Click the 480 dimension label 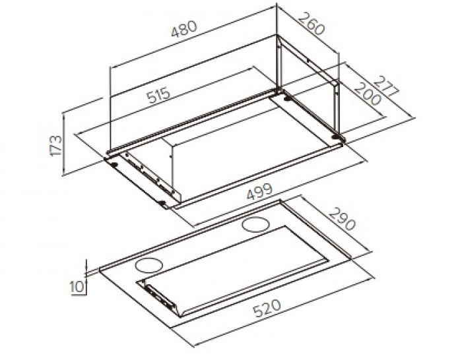click(x=183, y=29)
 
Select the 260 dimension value click(x=312, y=23)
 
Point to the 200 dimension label click(x=367, y=94)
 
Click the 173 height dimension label click(x=56, y=146)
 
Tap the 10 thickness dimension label click(x=77, y=286)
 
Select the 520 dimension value click(x=267, y=308)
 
